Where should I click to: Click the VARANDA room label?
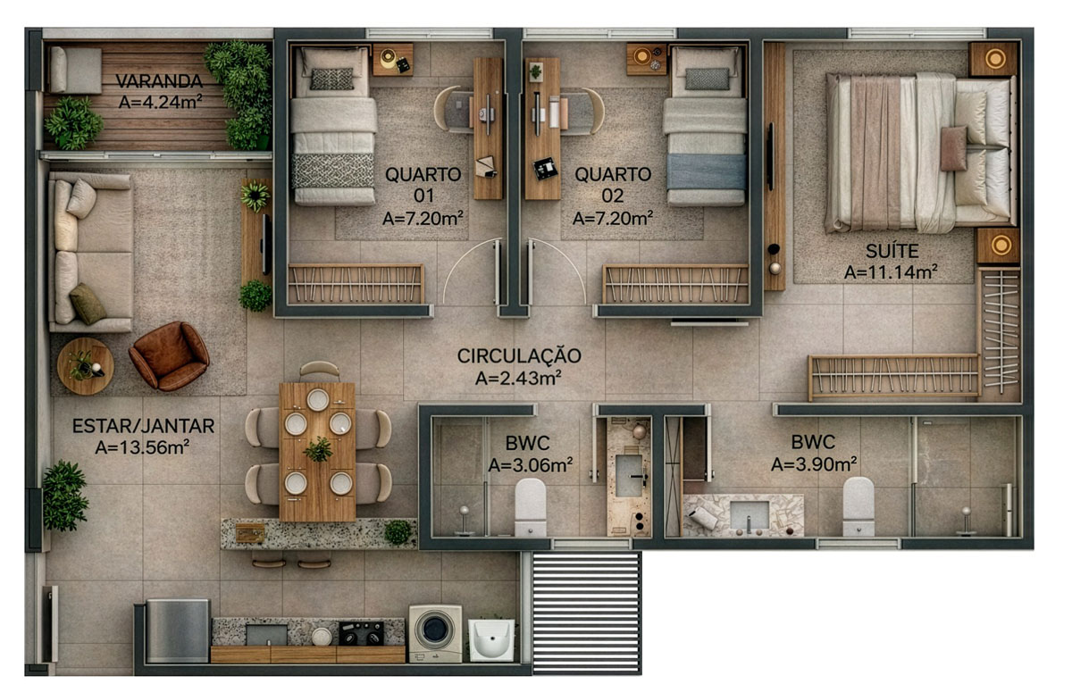(159, 81)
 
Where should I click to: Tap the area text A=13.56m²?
(142, 447)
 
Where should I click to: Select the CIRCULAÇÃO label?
(519, 356)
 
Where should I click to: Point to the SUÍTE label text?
(892, 251)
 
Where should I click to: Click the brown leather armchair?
(169, 356)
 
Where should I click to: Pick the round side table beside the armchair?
(85, 366)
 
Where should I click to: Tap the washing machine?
(435, 633)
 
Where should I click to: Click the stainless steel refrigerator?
(178, 630)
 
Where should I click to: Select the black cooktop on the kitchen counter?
(361, 633)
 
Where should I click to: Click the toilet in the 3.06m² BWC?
(531, 507)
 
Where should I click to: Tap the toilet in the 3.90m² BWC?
(858, 506)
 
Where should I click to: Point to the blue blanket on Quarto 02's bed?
(707, 172)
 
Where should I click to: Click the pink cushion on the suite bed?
(954, 148)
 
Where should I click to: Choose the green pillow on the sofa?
(88, 304)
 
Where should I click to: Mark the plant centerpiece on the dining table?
(318, 450)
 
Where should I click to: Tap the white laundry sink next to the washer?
(491, 640)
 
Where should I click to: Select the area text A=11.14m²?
(891, 272)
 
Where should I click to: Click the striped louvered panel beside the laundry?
(586, 613)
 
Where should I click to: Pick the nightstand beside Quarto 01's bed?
(393, 60)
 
